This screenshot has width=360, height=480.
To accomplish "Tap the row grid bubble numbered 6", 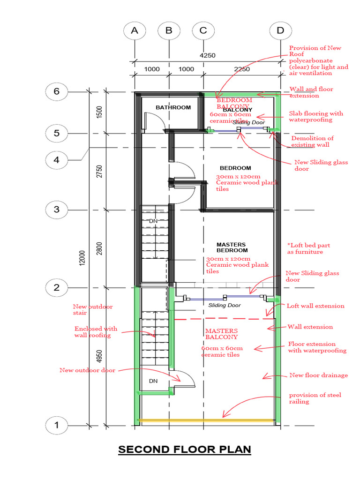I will [x=57, y=91].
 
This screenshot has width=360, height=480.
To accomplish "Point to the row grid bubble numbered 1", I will [x=57, y=426].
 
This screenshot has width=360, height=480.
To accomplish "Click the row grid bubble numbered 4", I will [x=57, y=159].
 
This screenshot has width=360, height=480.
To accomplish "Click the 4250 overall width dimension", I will [x=208, y=55].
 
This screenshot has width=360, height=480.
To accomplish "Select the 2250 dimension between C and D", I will [x=241, y=69].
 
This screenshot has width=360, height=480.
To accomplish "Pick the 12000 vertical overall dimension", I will [x=82, y=257].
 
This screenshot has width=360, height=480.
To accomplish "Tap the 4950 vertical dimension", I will [x=99, y=357].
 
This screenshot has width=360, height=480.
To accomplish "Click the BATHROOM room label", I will [x=173, y=107].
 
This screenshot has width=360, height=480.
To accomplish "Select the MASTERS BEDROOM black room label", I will [x=231, y=247].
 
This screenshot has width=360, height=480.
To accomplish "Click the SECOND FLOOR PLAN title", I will [x=185, y=450].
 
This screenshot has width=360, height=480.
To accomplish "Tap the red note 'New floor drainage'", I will [x=319, y=375].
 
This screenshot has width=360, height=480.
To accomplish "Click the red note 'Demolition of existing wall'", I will [x=312, y=141].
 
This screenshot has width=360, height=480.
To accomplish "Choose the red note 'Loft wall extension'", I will [x=315, y=306].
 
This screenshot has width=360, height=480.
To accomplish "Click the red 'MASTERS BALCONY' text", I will [x=221, y=334].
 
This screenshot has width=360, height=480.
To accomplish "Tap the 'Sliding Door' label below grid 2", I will [x=225, y=305].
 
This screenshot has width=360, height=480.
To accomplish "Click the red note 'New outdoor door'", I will [x=87, y=370].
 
